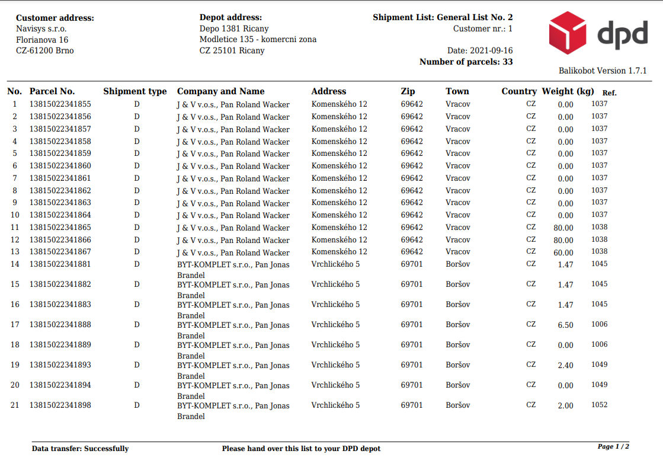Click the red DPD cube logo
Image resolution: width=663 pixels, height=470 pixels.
pyautogui.click(x=567, y=33)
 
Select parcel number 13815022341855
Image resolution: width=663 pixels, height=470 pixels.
pyautogui.click(x=60, y=104)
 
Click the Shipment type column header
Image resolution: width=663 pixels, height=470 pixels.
pyautogui.click(x=135, y=91)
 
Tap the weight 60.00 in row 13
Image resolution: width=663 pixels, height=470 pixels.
pyautogui.click(x=563, y=252)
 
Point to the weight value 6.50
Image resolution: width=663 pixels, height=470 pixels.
pyautogui.click(x=565, y=325)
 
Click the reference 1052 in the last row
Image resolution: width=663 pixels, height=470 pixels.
pyautogui.click(x=599, y=405)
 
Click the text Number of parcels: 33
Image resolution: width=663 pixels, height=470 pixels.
pyautogui.click(x=466, y=62)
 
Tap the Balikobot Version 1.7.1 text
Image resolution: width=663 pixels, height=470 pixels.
pyautogui.click(x=603, y=71)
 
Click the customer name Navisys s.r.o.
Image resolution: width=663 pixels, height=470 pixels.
pyautogui.click(x=41, y=28)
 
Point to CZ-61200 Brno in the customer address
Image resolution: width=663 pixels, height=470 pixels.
pyautogui.click(x=45, y=50)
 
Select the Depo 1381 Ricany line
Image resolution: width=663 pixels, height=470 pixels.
pyautogui.click(x=234, y=28)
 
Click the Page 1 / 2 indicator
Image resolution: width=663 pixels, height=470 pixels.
pyautogui.click(x=613, y=446)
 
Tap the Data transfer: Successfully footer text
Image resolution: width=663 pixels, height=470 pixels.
pyautogui.click(x=80, y=449)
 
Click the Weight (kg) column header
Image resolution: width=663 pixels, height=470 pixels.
pyautogui.click(x=568, y=91)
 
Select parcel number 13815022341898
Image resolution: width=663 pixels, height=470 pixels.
pyautogui.click(x=60, y=405)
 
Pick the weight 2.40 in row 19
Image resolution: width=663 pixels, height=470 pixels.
pyautogui.click(x=565, y=366)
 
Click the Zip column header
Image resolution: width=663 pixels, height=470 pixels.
pyautogui.click(x=408, y=91)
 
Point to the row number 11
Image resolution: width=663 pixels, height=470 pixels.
pyautogui.click(x=15, y=228)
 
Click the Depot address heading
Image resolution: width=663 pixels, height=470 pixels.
pyautogui.click(x=230, y=18)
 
